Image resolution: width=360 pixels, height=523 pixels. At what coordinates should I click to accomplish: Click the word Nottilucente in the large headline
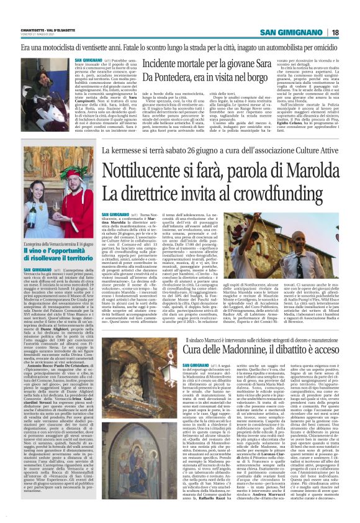coord(145,169)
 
